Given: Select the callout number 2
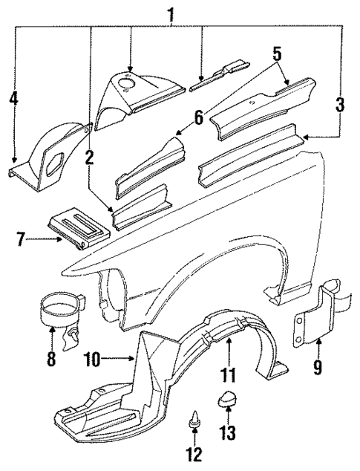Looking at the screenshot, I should [88, 157].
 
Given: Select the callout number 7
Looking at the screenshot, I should [22, 240].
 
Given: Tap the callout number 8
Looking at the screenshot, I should [50, 360].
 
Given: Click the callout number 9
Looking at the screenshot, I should [318, 367].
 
